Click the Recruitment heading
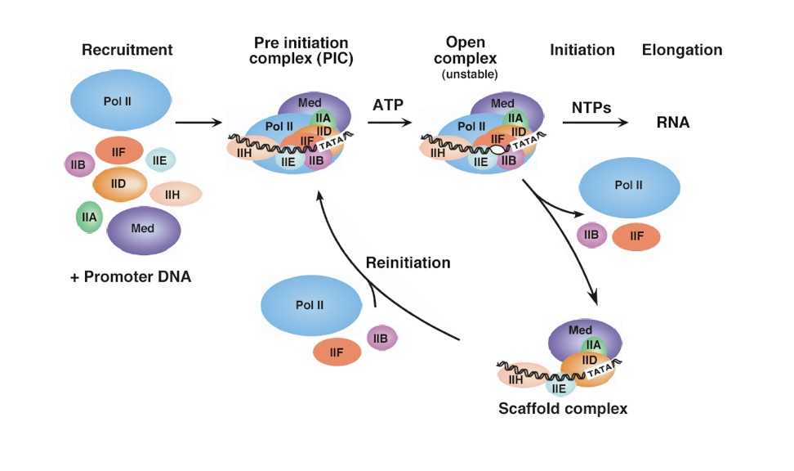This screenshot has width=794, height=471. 127,50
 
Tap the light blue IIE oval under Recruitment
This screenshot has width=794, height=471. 161,159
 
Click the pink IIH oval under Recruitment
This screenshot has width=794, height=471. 175,194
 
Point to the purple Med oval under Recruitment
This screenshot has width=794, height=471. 143,230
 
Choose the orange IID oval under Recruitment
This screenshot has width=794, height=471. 119,184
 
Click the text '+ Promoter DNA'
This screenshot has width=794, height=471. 131,277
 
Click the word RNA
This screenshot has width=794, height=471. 673,123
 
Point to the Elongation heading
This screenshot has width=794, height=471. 682,50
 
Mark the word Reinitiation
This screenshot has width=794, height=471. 408,263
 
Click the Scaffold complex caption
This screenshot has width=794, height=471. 563,408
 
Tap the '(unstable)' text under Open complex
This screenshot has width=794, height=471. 470,75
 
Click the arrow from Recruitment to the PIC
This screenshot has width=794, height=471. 198,123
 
